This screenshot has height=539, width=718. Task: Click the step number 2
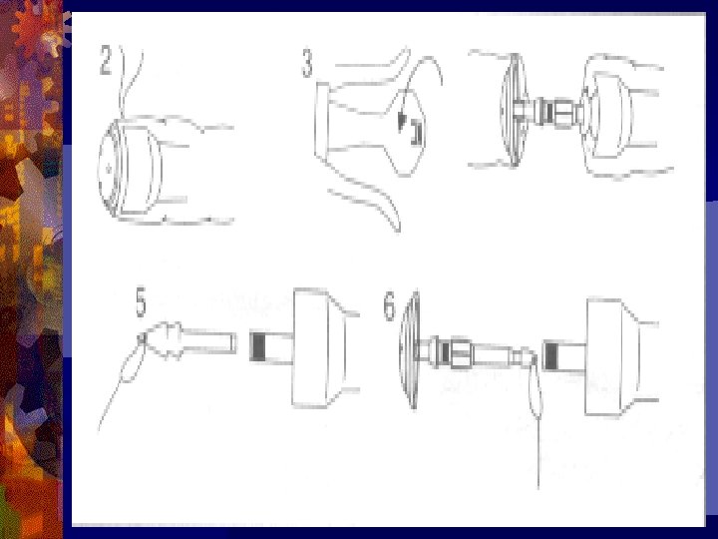click(x=106, y=61)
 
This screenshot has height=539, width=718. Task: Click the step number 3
click(x=307, y=64)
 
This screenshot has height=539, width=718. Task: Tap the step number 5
click(x=141, y=302)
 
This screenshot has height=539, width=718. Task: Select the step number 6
click(x=389, y=306)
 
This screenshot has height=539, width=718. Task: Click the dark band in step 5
click(x=258, y=346)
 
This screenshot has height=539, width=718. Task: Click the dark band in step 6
click(x=550, y=356)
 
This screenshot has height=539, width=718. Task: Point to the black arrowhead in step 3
click(x=402, y=123)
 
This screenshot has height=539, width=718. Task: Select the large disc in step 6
click(x=410, y=350)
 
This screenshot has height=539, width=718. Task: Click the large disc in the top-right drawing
click(x=513, y=110)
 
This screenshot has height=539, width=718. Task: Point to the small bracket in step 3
click(x=416, y=132)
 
